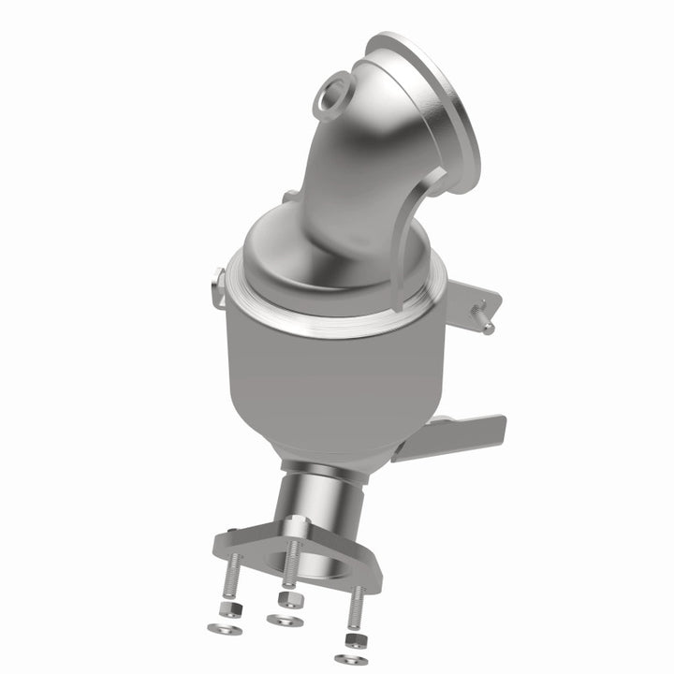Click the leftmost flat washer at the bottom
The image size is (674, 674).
point(225,629)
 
